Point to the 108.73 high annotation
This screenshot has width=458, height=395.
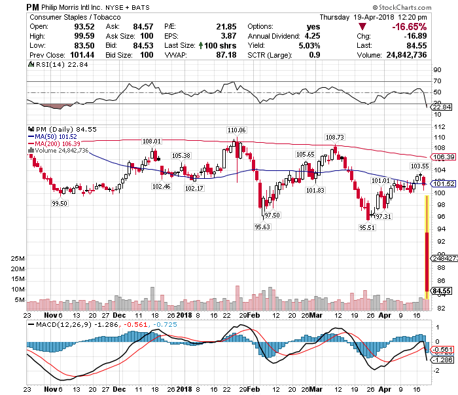coord(334,137)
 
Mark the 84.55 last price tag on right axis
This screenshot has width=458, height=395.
coord(444,290)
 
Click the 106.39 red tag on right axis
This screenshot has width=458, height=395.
coord(444,157)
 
